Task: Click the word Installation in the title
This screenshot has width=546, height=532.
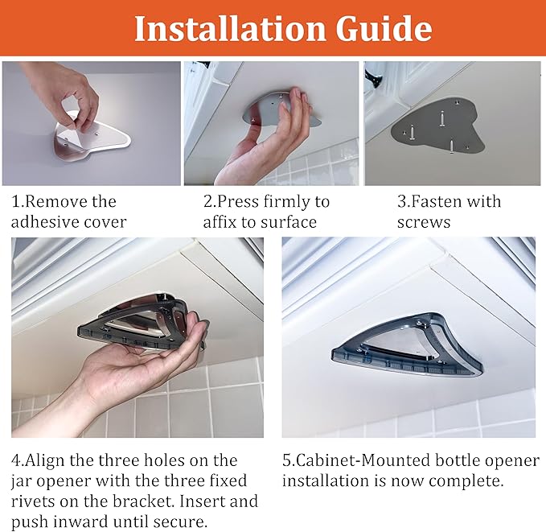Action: pos(231,28)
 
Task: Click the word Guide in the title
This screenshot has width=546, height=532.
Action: pos(384,28)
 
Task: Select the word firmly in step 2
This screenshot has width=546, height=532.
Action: pos(281,202)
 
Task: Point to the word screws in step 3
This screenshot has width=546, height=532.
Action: pos(424,222)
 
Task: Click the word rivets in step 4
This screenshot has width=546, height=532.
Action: pos(31,501)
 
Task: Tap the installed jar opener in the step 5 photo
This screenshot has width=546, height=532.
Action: pos(407,344)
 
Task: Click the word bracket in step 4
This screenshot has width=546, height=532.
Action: pos(143,501)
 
